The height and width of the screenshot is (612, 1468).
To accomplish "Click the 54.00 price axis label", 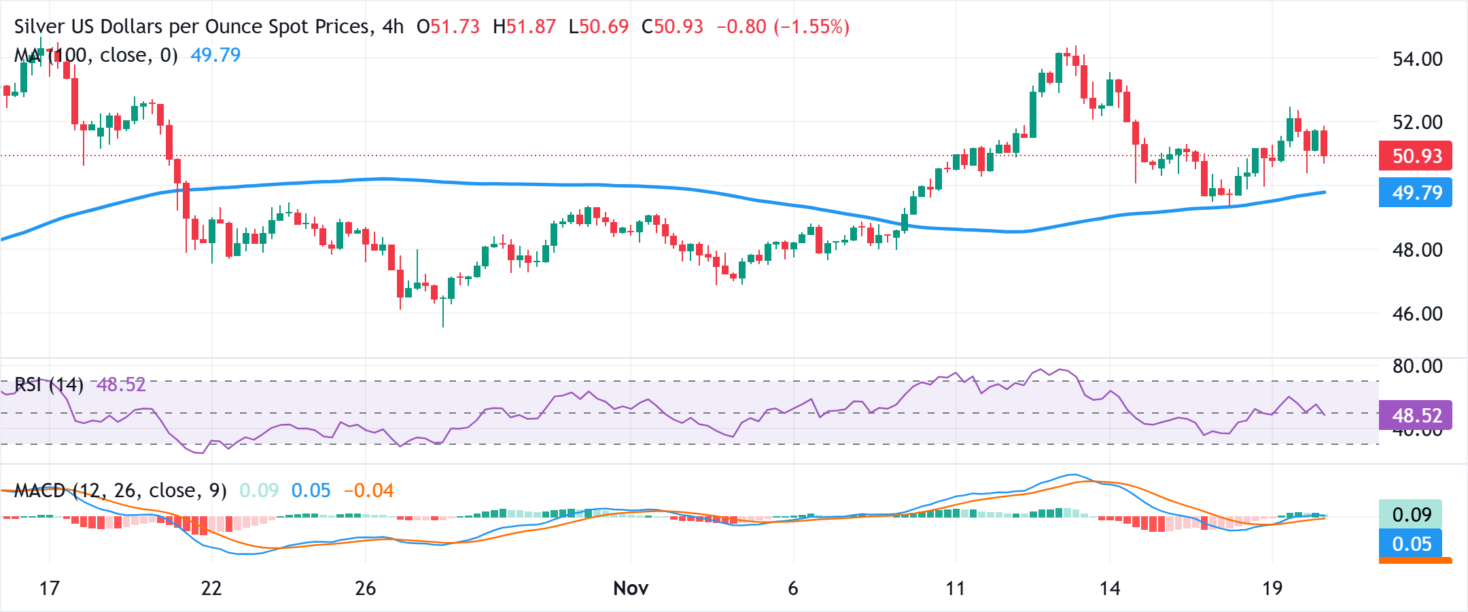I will [x=1417, y=59].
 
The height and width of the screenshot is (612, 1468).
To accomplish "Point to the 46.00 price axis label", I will [x=1417, y=314].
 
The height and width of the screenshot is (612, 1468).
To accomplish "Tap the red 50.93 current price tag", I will [x=1416, y=156].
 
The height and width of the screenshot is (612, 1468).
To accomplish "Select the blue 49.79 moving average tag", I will [x=1416, y=193].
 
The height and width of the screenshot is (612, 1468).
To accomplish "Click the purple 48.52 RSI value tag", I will [x=1416, y=415].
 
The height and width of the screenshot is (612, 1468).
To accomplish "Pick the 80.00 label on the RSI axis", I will [x=1417, y=367].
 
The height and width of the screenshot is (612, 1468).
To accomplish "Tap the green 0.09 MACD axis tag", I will [x=1411, y=514].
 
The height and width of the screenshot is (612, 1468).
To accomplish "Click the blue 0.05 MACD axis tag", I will [x=1411, y=544].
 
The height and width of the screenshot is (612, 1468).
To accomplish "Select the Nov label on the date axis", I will [x=631, y=588].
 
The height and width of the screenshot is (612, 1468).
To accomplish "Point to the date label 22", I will [x=211, y=588].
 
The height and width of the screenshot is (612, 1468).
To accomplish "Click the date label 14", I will [x=1110, y=588].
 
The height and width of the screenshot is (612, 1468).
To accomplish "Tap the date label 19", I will [x=1272, y=588].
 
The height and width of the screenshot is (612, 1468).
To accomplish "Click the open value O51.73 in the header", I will [x=449, y=27].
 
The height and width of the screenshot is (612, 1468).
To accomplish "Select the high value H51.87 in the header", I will [x=525, y=27].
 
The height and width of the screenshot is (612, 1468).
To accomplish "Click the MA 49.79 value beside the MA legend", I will [x=215, y=55].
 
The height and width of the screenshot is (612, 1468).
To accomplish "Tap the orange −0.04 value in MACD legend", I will [x=369, y=490].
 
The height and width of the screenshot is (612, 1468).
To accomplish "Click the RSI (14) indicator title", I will [x=49, y=385].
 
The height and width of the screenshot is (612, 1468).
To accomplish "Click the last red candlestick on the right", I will [x=1324, y=143].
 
